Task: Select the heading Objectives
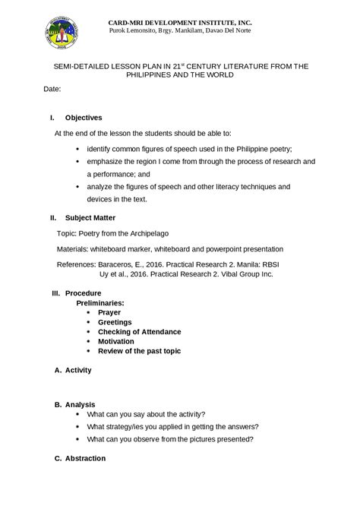[x=84, y=118]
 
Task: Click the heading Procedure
[x=83, y=293]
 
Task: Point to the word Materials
[x=74, y=248]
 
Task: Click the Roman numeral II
[x=52, y=217]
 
